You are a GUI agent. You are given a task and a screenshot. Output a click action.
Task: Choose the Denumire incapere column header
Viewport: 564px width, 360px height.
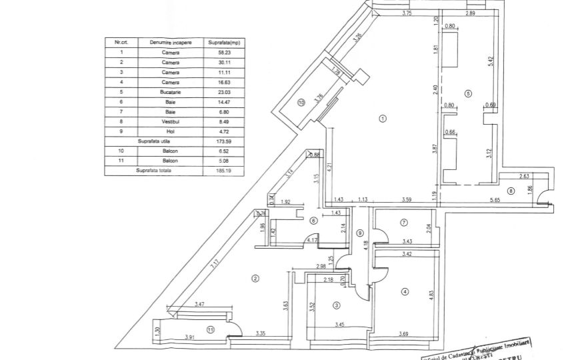[171, 42]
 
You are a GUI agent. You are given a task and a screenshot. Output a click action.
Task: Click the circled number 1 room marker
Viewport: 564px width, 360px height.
[383, 119]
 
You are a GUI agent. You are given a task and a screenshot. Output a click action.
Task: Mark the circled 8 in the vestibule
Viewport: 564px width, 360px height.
[511, 191]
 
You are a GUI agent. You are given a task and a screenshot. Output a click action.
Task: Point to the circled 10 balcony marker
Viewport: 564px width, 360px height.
[301, 103]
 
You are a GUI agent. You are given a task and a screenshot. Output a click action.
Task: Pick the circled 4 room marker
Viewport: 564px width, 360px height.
[404, 291]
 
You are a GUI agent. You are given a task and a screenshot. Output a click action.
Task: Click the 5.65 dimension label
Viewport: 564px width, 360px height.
[495, 199]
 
